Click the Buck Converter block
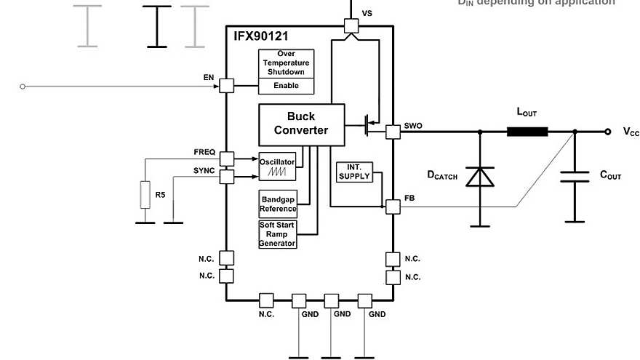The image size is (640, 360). click(301, 124)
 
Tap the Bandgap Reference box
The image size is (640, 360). click(278, 204)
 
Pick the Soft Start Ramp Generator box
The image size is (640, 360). click(278, 234)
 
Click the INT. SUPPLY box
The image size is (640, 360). click(354, 172)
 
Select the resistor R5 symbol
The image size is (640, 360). click(145, 195)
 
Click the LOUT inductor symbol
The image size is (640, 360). click(527, 132)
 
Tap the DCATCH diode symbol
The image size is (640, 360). click(479, 177)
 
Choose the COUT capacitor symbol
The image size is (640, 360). click(575, 177)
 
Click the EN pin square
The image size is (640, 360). click(226, 86)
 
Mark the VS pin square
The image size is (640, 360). click(351, 26)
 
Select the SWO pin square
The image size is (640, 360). click(393, 132)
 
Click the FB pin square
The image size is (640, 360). click(393, 207)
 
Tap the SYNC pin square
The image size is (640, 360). click(226, 177)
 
